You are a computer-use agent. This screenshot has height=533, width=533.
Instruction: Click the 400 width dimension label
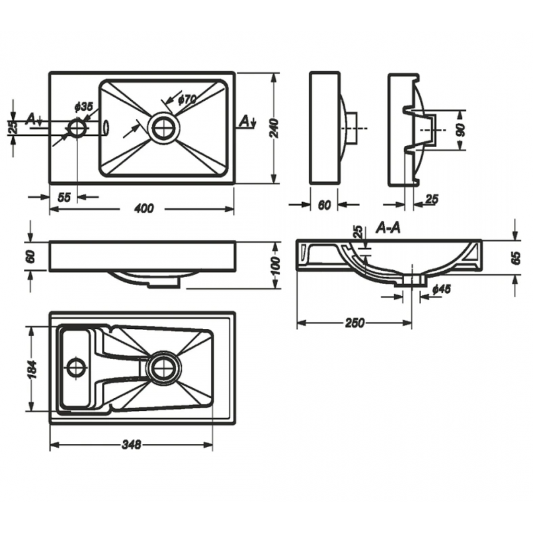(144, 208)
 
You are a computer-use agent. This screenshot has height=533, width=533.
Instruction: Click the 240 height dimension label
(274, 128)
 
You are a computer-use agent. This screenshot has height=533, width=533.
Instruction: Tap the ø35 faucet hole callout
(83, 107)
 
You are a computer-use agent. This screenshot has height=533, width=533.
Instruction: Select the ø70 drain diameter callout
(187, 99)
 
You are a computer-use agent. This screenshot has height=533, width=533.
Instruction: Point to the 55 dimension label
(63, 197)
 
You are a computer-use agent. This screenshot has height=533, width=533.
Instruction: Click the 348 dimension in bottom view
(131, 444)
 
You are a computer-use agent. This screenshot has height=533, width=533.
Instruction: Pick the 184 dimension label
(33, 369)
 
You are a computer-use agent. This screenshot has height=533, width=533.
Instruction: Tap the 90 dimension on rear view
(461, 130)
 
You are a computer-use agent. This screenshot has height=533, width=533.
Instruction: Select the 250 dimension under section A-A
(354, 322)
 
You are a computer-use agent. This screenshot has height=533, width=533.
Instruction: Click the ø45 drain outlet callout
(442, 289)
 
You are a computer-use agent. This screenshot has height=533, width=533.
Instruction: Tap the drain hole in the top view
(164, 128)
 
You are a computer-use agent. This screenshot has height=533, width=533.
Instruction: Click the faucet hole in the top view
(77, 128)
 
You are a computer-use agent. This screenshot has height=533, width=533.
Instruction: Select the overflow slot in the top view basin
(106, 128)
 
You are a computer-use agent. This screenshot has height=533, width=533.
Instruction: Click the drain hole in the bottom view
(164, 368)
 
